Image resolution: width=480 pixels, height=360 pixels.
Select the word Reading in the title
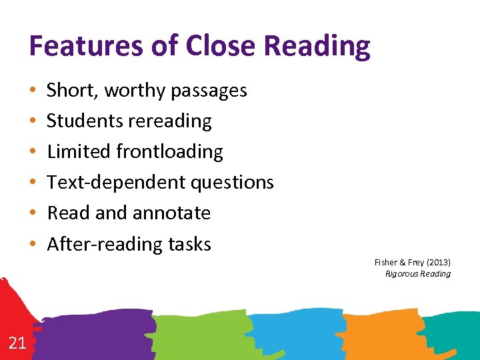tap(317, 47)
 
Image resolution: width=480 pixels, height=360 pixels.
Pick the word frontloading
tap(169, 152)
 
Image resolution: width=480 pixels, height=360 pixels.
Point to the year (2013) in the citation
tap(436, 263)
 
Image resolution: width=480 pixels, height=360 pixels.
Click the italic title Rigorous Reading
tap(418, 274)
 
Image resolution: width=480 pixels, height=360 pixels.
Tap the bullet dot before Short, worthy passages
tap(32, 91)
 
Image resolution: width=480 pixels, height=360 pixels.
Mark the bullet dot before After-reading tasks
tap(32, 244)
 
